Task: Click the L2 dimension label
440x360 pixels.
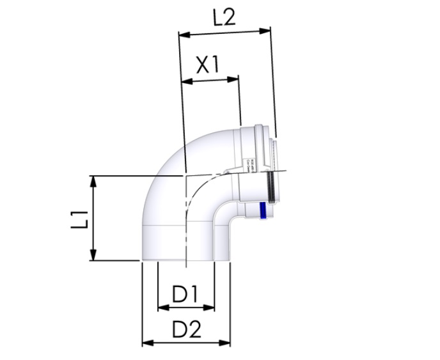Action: pos(224,17)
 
